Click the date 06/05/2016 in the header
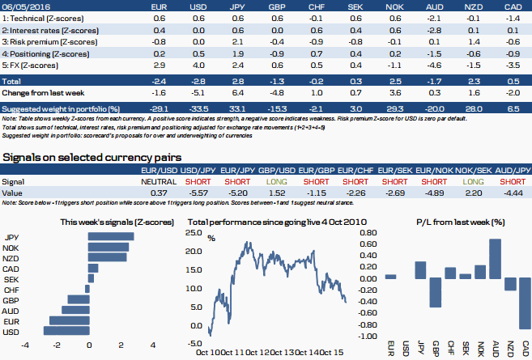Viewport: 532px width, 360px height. point(24,5)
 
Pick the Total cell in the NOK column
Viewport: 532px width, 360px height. point(395,82)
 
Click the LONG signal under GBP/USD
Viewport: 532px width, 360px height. point(278,182)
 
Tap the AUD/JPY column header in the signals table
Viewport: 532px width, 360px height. point(511,171)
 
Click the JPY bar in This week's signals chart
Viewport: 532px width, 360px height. point(111,236)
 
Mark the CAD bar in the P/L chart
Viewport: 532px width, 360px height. point(525,304)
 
